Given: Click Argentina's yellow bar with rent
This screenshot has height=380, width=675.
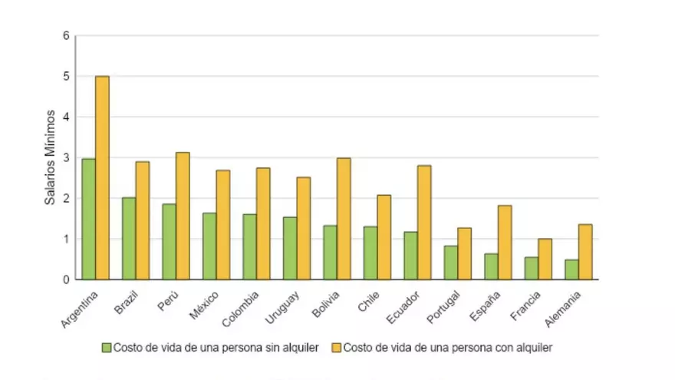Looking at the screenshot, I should point(102,177).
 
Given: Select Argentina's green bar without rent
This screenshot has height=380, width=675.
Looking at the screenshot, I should point(88,219).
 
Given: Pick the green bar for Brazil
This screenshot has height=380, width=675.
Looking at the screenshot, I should point(129,238).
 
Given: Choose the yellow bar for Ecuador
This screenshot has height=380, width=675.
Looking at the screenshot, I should point(424,222).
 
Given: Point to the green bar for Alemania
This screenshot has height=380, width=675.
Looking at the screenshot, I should point(571,269).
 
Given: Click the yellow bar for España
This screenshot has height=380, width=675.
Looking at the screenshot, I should point(505,242).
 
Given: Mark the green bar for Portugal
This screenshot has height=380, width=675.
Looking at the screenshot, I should point(451,263).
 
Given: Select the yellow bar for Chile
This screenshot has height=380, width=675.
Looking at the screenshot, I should point(384,237).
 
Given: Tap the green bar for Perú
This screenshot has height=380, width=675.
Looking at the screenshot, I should point(169,241).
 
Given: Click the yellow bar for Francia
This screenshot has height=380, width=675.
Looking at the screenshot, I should point(545,259).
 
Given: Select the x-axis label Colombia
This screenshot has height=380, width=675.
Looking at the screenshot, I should point(244,308).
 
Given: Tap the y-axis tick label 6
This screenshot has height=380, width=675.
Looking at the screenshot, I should point(67,36).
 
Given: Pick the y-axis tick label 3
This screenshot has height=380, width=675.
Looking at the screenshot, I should point(67,157).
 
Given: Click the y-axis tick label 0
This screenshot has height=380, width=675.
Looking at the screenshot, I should point(67,279).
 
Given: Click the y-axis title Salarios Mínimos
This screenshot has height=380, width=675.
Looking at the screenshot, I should point(50,157).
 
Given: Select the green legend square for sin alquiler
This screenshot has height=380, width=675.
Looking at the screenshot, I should point(107,347).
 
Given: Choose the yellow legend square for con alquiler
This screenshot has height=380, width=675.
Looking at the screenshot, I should point(336,347).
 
